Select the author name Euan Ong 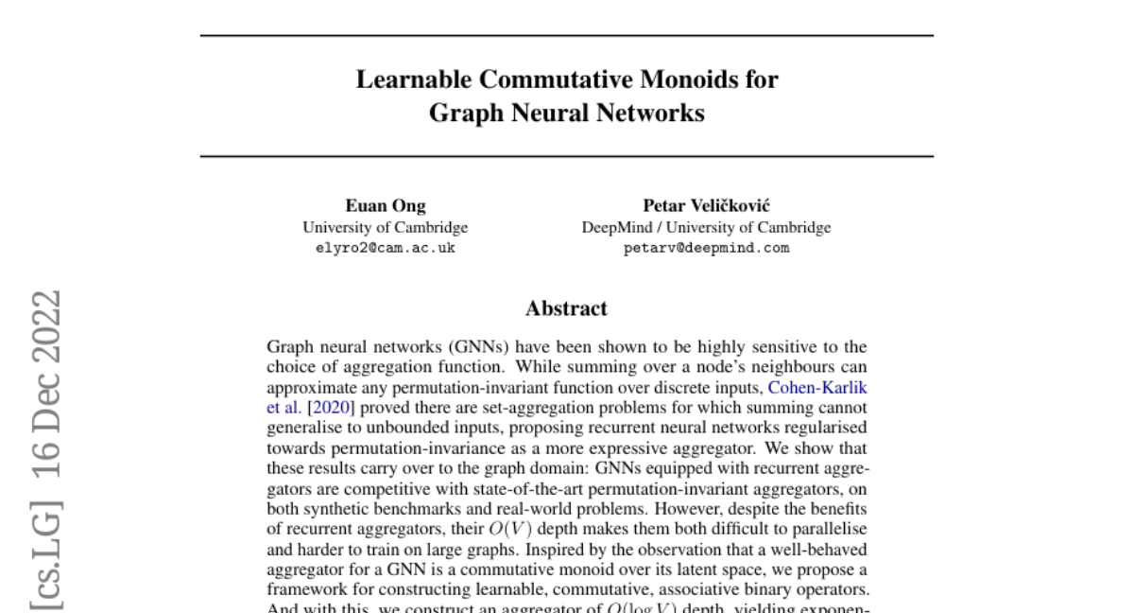tap(386, 206)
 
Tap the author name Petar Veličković tap(706, 206)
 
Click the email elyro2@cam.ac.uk tap(386, 249)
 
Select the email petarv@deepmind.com tap(707, 249)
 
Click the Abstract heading tap(567, 308)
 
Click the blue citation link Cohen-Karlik tap(817, 388)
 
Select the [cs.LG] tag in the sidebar tap(48, 559)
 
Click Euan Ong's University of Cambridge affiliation tap(386, 228)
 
